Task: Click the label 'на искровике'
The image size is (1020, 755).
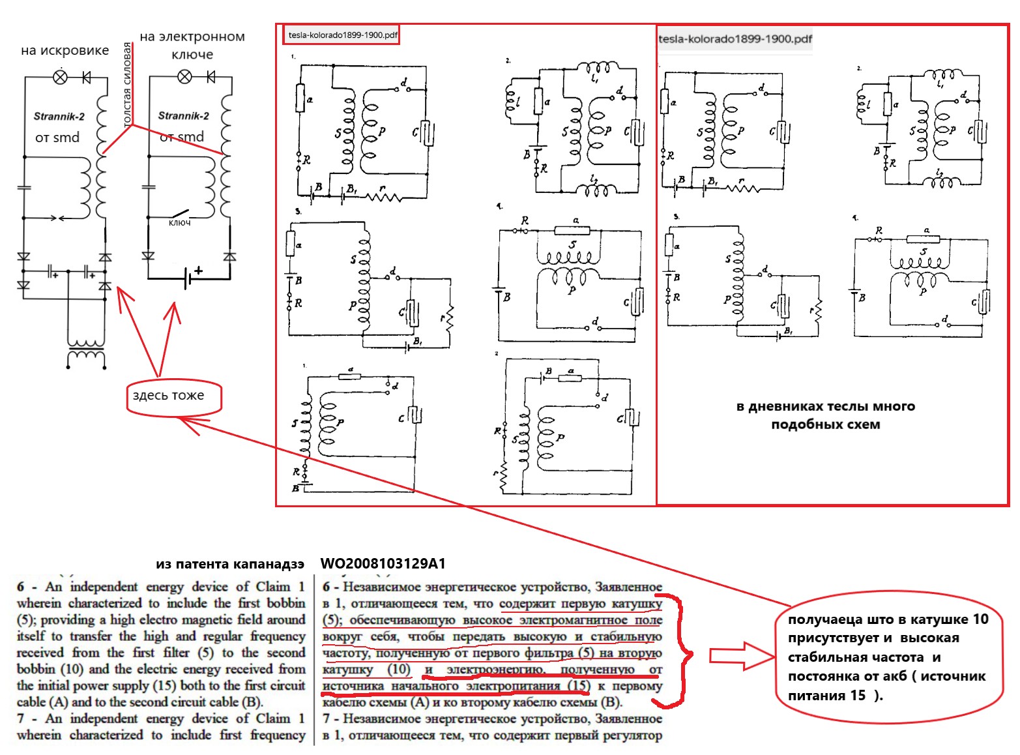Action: pos(65,50)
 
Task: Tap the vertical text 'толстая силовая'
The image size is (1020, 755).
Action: pos(128,83)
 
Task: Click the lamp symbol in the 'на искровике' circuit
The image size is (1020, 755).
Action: pos(60,78)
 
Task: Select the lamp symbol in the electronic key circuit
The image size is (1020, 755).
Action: pos(184,78)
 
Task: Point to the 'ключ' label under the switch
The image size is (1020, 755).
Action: pos(179,223)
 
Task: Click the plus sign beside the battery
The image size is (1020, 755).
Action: pos(198,270)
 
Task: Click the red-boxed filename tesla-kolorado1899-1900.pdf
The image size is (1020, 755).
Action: pos(342,35)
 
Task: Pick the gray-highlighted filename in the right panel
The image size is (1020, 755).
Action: pos(735,39)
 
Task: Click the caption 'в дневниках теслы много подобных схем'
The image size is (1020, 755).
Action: pos(825,415)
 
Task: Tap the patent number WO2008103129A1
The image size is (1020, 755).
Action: pos(383,564)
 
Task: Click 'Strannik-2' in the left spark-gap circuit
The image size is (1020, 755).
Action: pos(59,117)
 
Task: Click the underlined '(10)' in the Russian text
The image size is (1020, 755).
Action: pos(399,670)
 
